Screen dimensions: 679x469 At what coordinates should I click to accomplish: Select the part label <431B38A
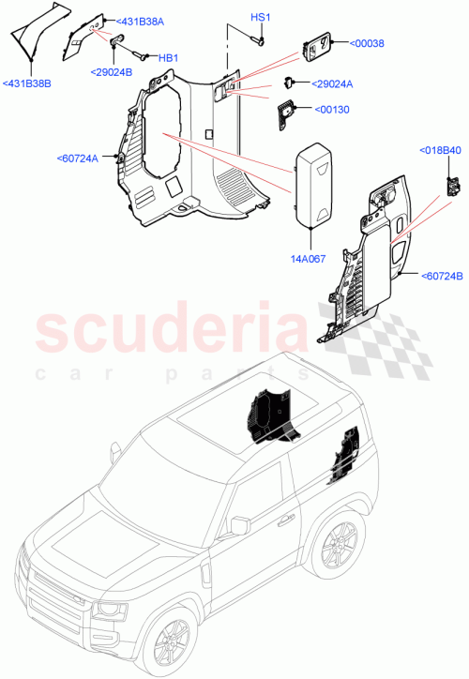click(140, 21)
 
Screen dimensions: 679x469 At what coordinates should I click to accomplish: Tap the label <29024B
click(113, 71)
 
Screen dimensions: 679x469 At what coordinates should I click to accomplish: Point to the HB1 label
click(168, 58)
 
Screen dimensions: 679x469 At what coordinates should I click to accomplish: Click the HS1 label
click(260, 19)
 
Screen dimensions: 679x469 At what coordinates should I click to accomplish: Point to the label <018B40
click(439, 150)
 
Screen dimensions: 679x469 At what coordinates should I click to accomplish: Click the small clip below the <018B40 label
click(454, 184)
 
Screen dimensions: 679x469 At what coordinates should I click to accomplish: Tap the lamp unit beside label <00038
click(319, 44)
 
